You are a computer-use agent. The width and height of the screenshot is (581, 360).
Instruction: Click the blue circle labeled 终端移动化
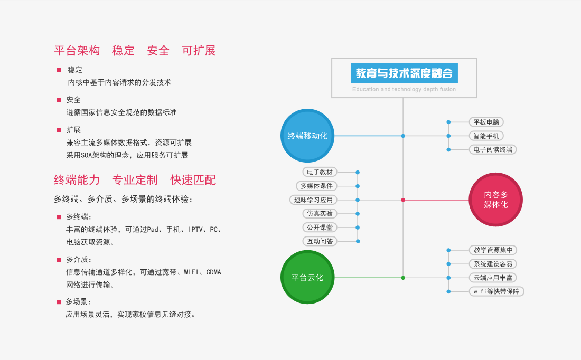click(307, 136)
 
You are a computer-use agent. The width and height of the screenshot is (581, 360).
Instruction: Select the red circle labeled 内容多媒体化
click(496, 200)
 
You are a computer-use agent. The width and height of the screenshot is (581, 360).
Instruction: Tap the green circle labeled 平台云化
click(307, 277)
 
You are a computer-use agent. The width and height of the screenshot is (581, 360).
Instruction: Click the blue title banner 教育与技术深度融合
click(404, 73)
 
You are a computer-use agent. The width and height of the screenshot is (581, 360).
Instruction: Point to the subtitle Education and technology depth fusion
click(404, 89)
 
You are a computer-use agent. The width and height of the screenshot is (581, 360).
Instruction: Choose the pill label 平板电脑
click(486, 122)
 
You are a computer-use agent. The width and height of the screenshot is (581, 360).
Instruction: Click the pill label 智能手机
click(486, 136)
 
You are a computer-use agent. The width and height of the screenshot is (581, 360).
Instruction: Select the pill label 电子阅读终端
click(493, 149)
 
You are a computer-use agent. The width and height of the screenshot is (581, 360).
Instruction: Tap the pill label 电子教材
click(320, 172)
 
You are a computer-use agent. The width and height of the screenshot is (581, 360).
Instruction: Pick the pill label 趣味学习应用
click(313, 200)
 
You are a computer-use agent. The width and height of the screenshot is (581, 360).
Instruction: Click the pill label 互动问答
click(320, 241)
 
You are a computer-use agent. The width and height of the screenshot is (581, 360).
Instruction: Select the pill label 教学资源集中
click(493, 250)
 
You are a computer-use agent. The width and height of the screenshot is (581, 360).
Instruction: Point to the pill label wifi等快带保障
click(496, 291)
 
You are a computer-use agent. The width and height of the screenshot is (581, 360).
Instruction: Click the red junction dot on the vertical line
click(403, 200)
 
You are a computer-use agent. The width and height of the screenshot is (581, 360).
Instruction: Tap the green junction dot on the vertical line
click(403, 278)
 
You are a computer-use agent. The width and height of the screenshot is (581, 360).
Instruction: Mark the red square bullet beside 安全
click(59, 100)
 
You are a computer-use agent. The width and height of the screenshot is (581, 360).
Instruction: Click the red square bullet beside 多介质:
click(59, 260)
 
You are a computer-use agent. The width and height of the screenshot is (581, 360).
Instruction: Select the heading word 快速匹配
click(193, 180)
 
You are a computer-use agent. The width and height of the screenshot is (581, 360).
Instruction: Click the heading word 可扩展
click(199, 51)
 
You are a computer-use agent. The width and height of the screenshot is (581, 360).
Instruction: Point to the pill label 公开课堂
click(320, 228)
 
